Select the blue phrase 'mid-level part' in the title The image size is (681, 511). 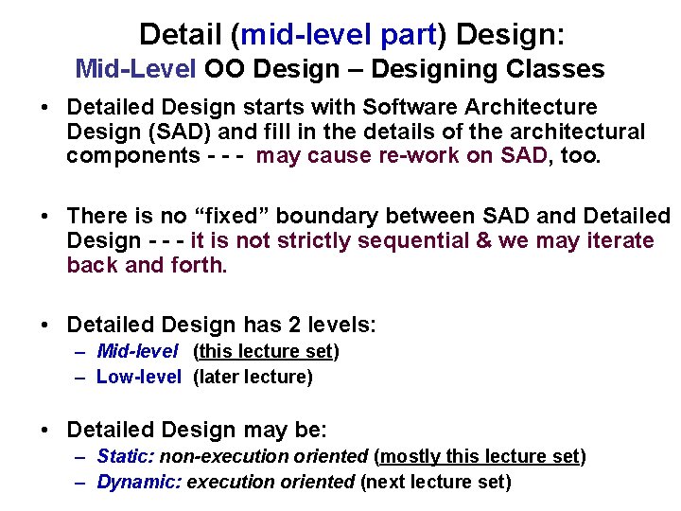pos(339,35)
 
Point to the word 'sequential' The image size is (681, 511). pos(422,240)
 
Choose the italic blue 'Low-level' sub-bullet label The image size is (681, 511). pos(138,377)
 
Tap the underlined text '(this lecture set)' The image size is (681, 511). pos(266,352)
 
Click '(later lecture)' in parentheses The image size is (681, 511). pos(252,377)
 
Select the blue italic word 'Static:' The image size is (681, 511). pos(126,457)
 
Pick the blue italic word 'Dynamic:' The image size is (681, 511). pos(139,482)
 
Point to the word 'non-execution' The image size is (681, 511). pos(216,457)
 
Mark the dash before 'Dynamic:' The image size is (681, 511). pos(81,482)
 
